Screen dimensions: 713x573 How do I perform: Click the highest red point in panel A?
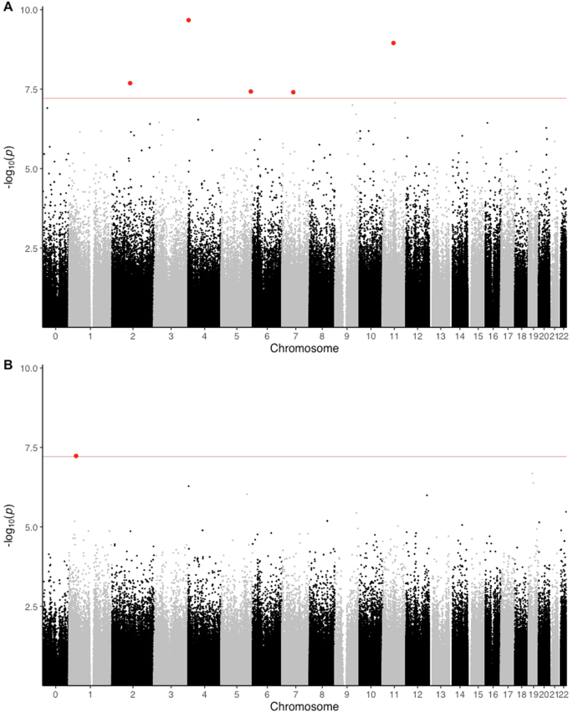(x=189, y=20)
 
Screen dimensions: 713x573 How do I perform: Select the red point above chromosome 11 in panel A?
(x=393, y=43)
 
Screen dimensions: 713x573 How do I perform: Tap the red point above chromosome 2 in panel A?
(x=130, y=83)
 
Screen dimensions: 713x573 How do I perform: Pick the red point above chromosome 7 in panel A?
(x=294, y=92)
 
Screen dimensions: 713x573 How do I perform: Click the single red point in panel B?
(x=76, y=456)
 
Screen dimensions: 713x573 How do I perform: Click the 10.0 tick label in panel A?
(x=30, y=10)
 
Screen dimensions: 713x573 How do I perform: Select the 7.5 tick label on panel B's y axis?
(x=33, y=448)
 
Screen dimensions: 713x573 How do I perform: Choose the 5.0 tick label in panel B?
(x=33, y=527)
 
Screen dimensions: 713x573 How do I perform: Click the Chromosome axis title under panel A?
(x=304, y=349)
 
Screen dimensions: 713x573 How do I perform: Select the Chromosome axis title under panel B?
(x=304, y=707)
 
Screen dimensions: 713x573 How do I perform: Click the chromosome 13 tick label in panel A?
(x=441, y=336)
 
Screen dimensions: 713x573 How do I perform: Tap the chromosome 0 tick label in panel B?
(x=55, y=694)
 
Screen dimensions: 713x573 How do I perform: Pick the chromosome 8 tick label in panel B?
(x=321, y=694)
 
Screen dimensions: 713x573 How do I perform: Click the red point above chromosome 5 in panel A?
(x=251, y=91)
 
